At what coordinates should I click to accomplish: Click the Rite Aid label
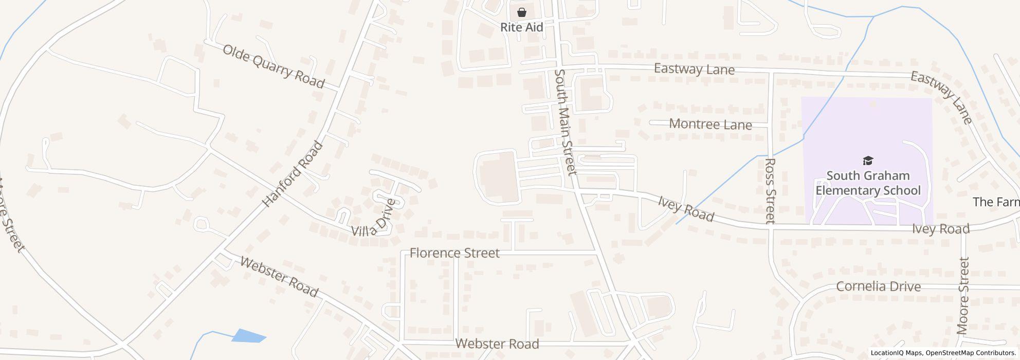tap(521, 27)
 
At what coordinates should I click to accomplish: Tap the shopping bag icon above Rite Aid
tap(522, 12)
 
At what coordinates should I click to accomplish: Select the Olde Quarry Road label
tap(273, 66)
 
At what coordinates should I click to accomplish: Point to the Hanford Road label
tap(293, 174)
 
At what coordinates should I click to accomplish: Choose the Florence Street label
tap(454, 253)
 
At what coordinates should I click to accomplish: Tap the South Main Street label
tap(564, 122)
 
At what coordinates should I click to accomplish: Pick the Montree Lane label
tap(710, 124)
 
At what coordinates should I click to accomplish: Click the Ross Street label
tap(770, 191)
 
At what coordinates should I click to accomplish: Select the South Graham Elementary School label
tap(868, 183)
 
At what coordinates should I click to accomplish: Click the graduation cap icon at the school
tap(868, 161)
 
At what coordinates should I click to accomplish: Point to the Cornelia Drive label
tap(878, 286)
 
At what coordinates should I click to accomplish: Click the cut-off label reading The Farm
tap(996, 202)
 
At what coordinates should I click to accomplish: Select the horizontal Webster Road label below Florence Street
tap(497, 344)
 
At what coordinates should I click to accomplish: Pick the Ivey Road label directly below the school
tap(940, 229)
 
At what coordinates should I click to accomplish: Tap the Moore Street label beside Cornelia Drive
tap(963, 296)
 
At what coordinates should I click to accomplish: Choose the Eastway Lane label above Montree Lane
tap(694, 69)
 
